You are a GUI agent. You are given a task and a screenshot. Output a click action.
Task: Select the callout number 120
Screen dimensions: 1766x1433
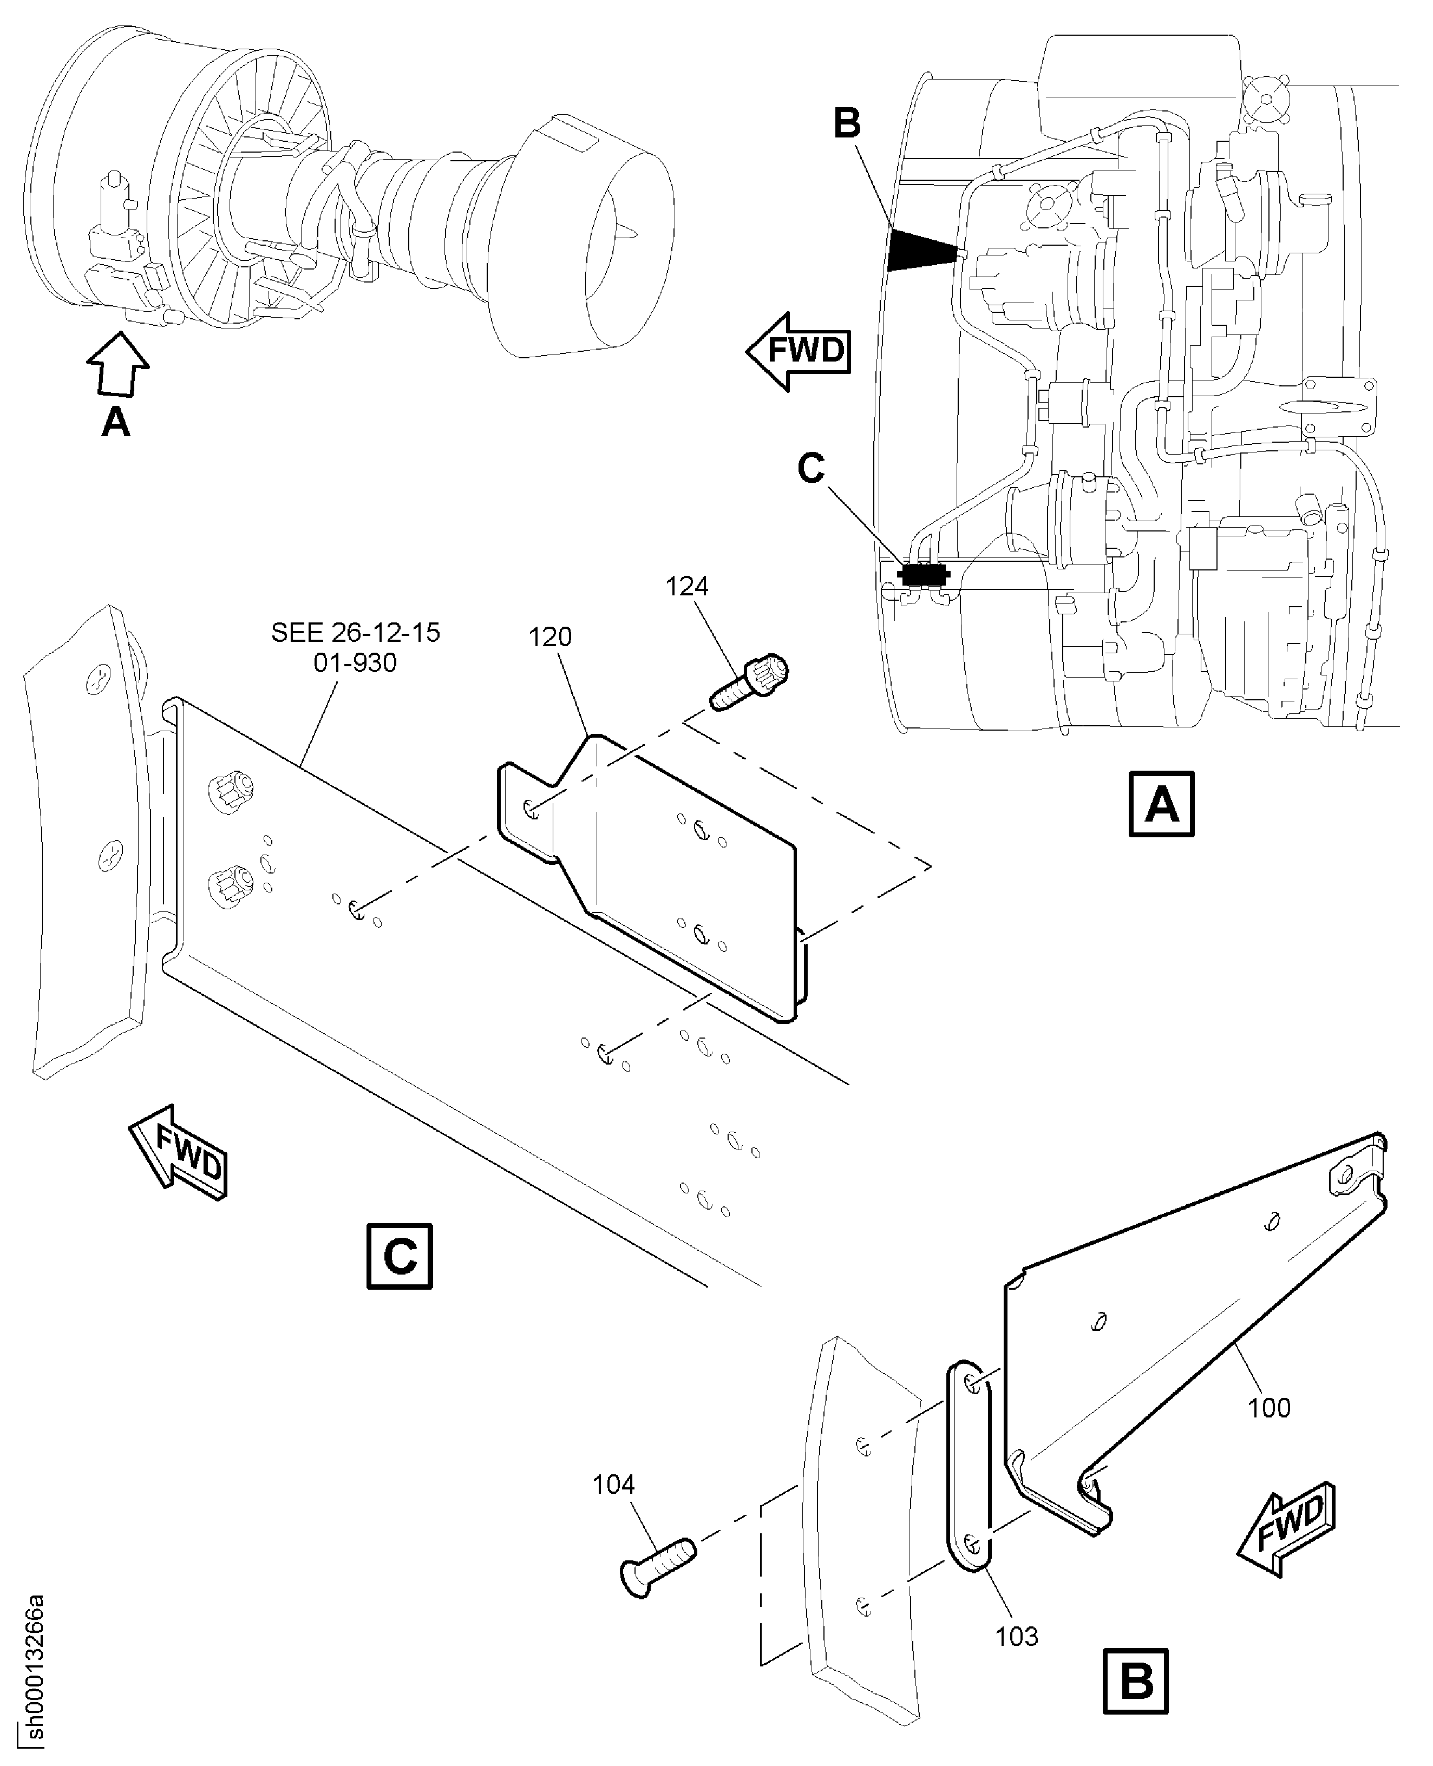pyautogui.click(x=549, y=637)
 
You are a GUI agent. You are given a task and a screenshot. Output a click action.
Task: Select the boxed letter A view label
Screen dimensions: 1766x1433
pyautogui.click(x=1161, y=805)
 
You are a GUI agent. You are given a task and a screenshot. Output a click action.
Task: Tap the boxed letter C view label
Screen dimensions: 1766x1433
pyautogui.click(x=400, y=1256)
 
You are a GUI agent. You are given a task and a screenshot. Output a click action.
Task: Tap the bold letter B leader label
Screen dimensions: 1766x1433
pyautogui.click(x=847, y=124)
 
